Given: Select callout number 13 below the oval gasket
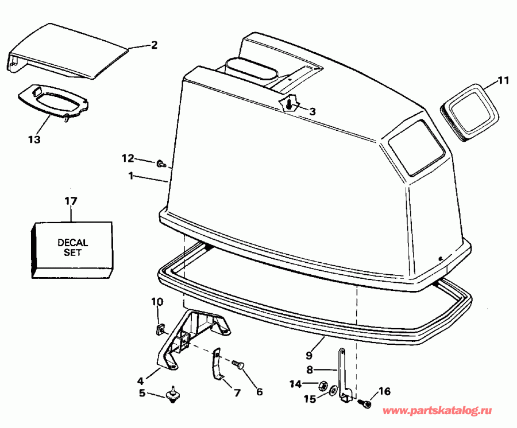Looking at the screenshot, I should pos(34,139).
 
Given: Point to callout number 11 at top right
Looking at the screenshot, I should pos(503,81).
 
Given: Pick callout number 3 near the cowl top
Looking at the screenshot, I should pos(312,111).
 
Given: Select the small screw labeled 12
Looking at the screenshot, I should pos(160,164).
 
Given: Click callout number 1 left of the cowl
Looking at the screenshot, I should pos(131,176).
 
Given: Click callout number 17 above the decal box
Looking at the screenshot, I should pos(71,201).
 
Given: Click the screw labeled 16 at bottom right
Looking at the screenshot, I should pos(365,404).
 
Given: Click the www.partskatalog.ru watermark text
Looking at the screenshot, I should pos(437,411).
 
